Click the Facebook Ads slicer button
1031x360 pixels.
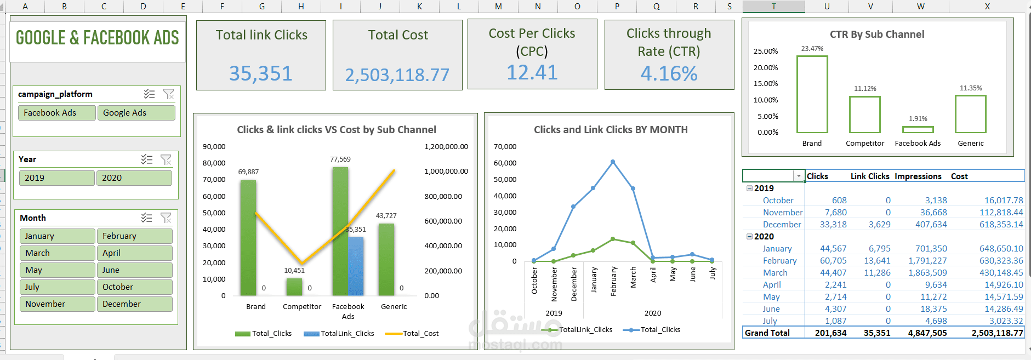pos(57,113)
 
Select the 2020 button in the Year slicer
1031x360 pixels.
pos(134,178)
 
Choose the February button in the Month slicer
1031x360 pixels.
pos(134,236)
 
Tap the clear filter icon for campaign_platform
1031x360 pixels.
pos(169,94)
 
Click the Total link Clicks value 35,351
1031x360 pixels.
pos(261,73)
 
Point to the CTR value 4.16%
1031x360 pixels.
pos(669,73)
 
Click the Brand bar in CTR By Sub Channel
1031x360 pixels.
pos(812,94)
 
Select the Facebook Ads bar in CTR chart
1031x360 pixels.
pos(918,130)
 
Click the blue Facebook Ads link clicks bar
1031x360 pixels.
pos(356,266)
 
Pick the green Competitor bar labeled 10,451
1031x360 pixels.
pos(294,287)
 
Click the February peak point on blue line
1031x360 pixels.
pos(613,162)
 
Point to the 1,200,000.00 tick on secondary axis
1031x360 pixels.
pos(446,147)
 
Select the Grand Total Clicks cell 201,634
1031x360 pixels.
pos(830,333)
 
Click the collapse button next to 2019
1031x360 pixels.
pos(749,188)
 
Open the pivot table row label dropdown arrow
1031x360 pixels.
pos(799,176)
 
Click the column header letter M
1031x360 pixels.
pos(498,7)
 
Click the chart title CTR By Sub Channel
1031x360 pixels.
pos(876,35)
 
